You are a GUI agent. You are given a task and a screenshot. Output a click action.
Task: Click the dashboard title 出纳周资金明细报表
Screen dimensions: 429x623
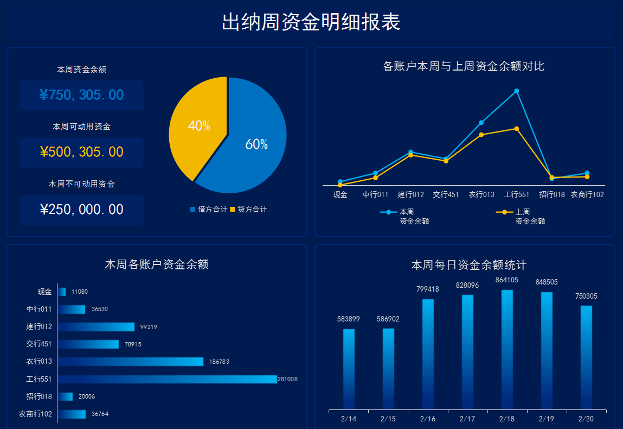[x=311, y=22]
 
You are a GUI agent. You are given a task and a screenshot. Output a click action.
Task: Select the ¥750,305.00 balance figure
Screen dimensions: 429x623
[x=81, y=95]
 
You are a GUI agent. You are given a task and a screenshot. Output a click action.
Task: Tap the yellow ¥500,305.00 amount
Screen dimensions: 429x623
[x=81, y=152]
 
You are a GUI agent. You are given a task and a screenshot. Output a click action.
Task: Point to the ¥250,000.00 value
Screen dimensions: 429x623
[x=81, y=210]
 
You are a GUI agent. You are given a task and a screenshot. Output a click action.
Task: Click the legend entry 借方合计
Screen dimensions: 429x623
[x=208, y=209]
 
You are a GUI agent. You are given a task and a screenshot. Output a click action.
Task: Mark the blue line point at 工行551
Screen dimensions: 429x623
[x=517, y=91]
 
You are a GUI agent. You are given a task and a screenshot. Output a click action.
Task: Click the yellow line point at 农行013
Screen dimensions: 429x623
[x=481, y=135]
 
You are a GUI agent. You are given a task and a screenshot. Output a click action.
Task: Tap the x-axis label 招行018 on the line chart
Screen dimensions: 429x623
[x=552, y=194]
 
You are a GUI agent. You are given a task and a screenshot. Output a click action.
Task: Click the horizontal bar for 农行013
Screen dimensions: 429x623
[x=131, y=362]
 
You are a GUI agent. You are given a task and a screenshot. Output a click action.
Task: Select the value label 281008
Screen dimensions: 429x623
[x=287, y=379]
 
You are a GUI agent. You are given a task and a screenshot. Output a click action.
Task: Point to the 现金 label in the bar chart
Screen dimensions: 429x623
[x=44, y=292]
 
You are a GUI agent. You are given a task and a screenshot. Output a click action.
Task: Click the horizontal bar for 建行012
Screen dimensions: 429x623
[x=97, y=327]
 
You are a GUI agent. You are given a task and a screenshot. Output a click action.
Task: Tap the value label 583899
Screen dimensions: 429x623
[x=349, y=319]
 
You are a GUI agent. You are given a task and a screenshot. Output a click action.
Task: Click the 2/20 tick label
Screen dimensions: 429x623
[x=586, y=419]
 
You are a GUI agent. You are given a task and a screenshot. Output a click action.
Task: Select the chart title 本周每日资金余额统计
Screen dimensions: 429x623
[x=468, y=265]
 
